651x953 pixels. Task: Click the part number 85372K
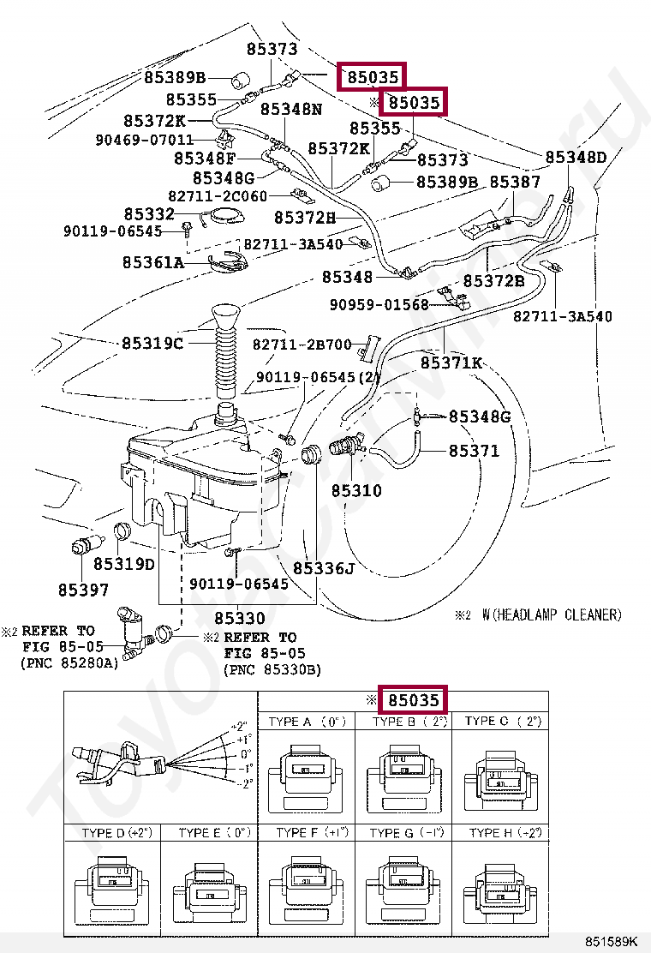[154, 121]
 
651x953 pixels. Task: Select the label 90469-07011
[146, 139]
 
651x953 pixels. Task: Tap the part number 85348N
[291, 110]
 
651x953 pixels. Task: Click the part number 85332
[149, 214]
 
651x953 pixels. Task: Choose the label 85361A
[153, 262]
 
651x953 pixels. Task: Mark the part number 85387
[515, 183]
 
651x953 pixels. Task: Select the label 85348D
[576, 158]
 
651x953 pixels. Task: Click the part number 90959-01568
[379, 305]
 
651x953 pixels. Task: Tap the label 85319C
[152, 343]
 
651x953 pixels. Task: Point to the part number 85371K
[451, 363]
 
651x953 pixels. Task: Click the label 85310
[356, 492]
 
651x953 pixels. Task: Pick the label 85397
[84, 590]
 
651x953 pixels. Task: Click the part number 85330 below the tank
[239, 618]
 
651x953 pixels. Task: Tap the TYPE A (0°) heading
[306, 722]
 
